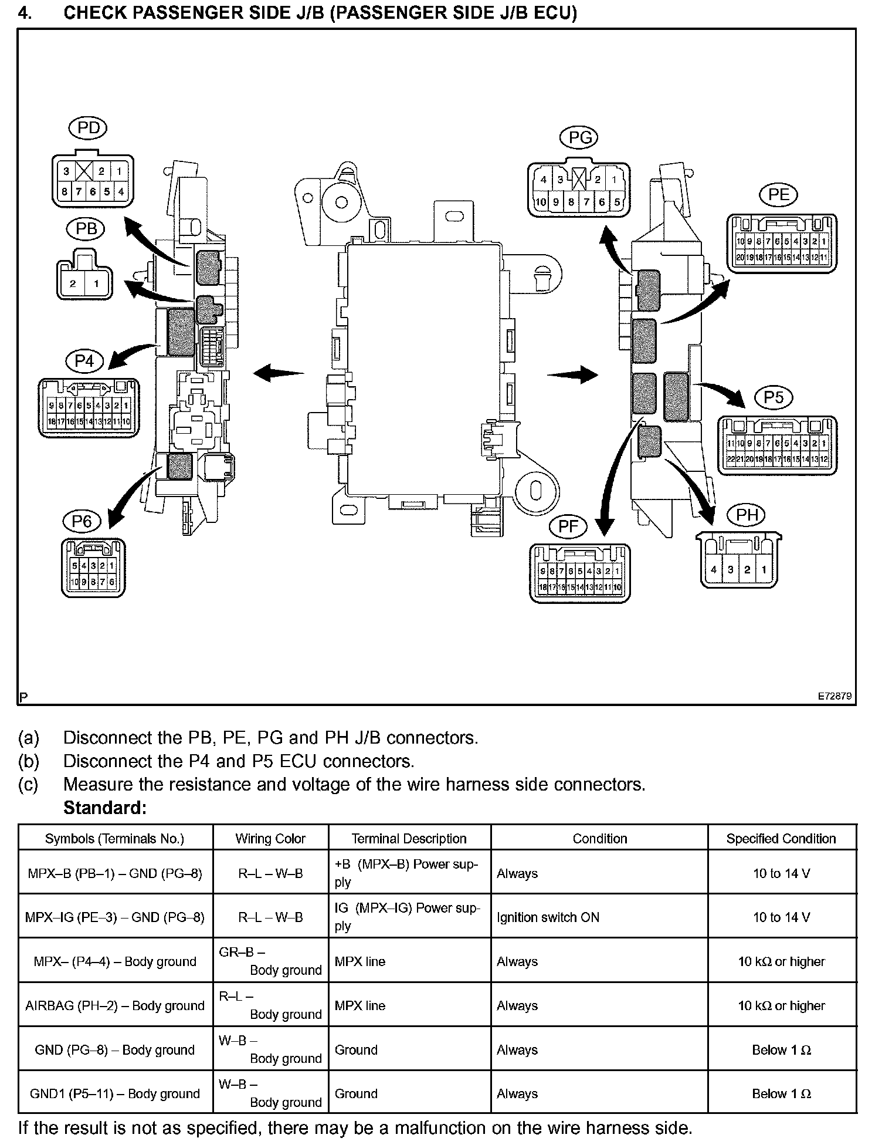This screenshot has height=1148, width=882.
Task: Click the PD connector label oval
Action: click(x=89, y=129)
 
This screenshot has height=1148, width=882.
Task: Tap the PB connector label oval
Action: click(x=86, y=228)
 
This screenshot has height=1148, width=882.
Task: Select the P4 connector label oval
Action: click(x=84, y=361)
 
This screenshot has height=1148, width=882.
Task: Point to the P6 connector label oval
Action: click(x=82, y=521)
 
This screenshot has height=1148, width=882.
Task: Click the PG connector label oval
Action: click(x=580, y=138)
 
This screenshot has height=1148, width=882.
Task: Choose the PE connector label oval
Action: click(x=779, y=195)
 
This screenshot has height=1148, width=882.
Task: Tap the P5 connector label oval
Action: click(x=774, y=397)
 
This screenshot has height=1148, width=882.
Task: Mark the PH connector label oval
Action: click(x=747, y=515)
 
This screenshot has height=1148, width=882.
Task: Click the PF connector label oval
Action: click(x=568, y=526)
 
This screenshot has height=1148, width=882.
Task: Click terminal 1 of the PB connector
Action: click(x=96, y=284)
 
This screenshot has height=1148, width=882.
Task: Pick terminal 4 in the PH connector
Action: click(x=713, y=569)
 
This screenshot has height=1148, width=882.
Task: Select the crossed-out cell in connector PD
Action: click(x=84, y=171)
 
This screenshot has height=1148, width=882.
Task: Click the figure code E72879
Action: click(x=835, y=696)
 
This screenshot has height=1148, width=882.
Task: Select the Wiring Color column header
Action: click(x=270, y=839)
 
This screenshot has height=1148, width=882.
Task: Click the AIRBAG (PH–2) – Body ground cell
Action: click(x=115, y=1005)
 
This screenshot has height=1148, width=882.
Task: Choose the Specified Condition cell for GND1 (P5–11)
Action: click(x=781, y=1093)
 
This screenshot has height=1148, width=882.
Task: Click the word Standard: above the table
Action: click(x=104, y=808)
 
